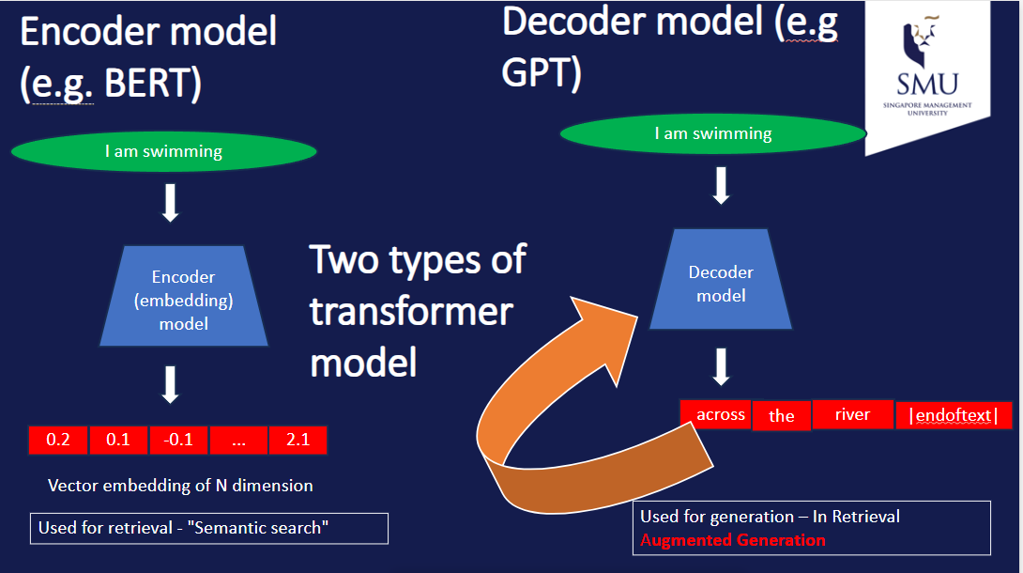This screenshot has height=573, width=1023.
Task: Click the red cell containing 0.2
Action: pos(58,440)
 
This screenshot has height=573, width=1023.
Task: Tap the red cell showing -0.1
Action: pos(177,440)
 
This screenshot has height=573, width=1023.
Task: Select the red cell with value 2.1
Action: pos(298,440)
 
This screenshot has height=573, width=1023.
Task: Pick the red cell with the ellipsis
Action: pos(237,440)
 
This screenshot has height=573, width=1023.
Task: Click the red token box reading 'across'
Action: pos(720,414)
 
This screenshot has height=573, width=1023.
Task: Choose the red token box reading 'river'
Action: pos(852,414)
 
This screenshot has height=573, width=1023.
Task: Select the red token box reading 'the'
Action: pos(781,416)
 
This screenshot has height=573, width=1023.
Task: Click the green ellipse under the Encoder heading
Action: pos(164,151)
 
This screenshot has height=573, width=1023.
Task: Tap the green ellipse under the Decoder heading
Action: pos(712,133)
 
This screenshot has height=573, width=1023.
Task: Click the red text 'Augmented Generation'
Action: pos(733,540)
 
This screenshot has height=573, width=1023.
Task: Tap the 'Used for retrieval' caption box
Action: pos(208,528)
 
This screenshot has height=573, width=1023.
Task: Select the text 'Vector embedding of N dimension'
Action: pos(180,486)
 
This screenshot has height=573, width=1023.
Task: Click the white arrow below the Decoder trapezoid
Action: pos(721,366)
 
